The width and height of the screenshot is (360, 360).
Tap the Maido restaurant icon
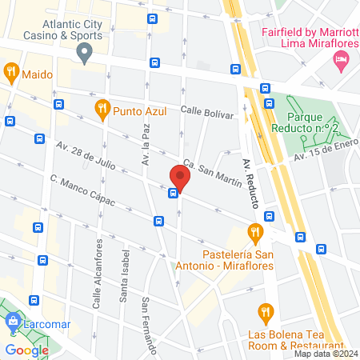tap(12, 73)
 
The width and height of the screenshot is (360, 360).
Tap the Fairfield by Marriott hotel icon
tap(342, 59)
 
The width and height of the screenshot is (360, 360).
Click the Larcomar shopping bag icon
tap(12, 323)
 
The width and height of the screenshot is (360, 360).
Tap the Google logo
tap(26, 350)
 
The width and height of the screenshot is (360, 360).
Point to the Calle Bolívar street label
tap(206, 113)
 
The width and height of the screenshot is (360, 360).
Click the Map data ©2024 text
tap(324, 353)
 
